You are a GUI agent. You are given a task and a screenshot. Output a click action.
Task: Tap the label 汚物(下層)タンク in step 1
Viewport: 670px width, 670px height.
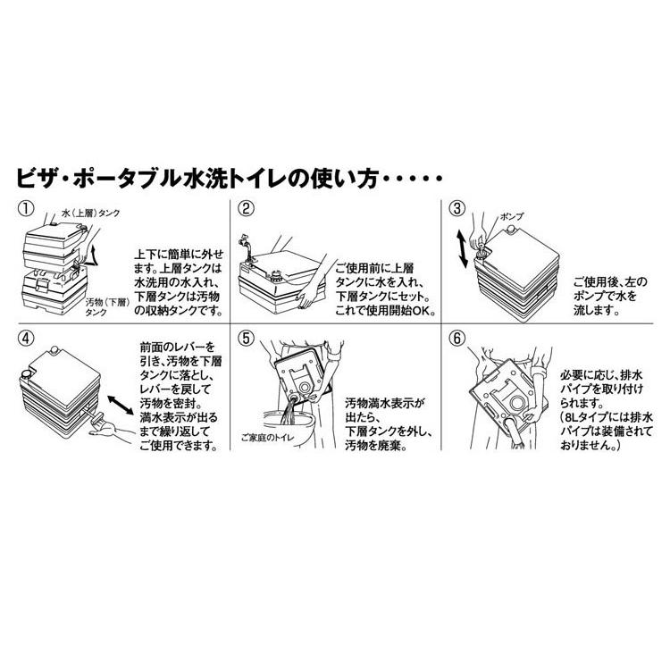coord(106,308)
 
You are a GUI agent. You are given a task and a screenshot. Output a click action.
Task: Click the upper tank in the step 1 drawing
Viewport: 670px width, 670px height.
coord(53,241)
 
